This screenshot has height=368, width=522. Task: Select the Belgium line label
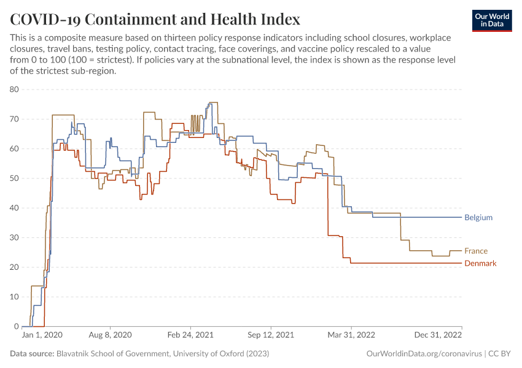coord(478,218)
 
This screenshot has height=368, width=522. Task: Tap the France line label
coord(476,251)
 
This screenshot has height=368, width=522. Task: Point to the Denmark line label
coord(480,263)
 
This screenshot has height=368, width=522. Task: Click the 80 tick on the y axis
coord(15,90)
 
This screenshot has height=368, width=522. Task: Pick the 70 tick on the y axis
coord(15,119)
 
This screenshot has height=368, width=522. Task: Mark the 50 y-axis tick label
coord(15,178)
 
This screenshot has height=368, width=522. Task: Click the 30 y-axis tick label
coord(15,238)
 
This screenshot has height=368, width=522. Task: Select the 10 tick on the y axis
coord(15,297)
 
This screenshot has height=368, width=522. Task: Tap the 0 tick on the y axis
coord(17,326)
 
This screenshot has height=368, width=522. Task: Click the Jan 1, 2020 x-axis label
coord(42,335)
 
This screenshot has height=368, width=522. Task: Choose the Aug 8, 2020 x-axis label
coord(111,335)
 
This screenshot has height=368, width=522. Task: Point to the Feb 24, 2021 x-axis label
coord(190,335)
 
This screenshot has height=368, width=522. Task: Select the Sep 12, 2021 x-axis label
coord(271,335)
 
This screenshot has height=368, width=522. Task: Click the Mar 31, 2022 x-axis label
coord(351,335)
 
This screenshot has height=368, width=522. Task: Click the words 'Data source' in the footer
coord(32,354)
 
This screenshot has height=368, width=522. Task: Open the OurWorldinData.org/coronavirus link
coord(423,354)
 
